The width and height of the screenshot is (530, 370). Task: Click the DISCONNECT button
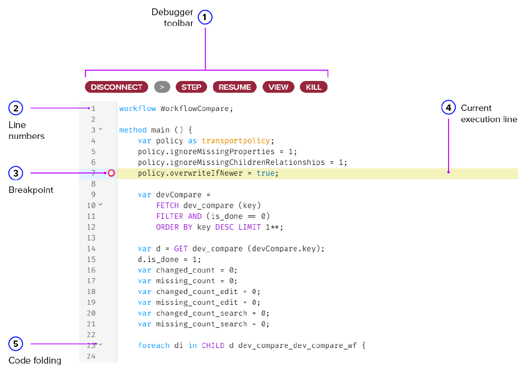116,87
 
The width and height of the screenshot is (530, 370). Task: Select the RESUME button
235,87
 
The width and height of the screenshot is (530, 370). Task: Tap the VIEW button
278,87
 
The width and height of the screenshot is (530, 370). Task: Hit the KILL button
314,87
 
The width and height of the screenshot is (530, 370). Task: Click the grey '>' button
162,87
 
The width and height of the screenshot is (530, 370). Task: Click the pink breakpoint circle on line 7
111,173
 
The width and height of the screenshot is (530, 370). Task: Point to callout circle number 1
205,18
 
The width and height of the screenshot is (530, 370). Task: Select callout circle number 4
449,107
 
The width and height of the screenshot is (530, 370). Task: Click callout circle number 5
16,344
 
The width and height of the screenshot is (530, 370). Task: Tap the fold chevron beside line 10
101,204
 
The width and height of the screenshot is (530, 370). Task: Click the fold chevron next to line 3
101,129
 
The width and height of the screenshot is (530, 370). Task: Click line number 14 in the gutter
91,248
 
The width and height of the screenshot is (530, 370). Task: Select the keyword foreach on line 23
154,345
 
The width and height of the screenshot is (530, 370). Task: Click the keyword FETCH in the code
167,205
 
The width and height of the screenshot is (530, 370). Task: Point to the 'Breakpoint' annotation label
31,190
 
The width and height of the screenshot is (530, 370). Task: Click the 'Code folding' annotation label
35,361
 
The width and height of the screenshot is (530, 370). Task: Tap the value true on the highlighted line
265,173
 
